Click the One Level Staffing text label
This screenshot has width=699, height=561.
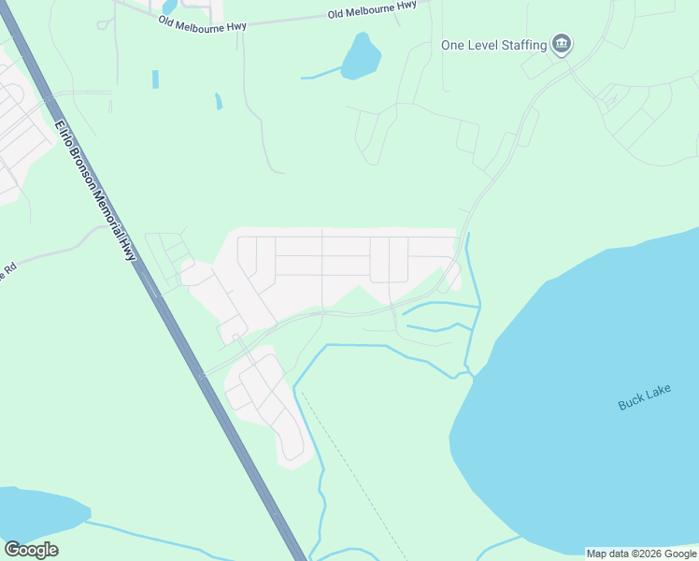[x=493, y=45]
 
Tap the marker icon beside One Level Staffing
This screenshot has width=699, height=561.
[x=562, y=44]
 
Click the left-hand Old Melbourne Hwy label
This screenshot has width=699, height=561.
[x=202, y=23]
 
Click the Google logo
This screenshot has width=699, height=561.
[x=31, y=550]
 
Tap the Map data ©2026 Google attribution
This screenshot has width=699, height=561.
[x=642, y=554]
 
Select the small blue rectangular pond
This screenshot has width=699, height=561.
[x=155, y=79]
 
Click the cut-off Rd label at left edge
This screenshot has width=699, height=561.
[x=9, y=269]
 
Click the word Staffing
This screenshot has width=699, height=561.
[x=522, y=45]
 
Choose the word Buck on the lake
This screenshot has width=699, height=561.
[x=631, y=404]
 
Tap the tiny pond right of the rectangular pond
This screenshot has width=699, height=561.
[x=218, y=100]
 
